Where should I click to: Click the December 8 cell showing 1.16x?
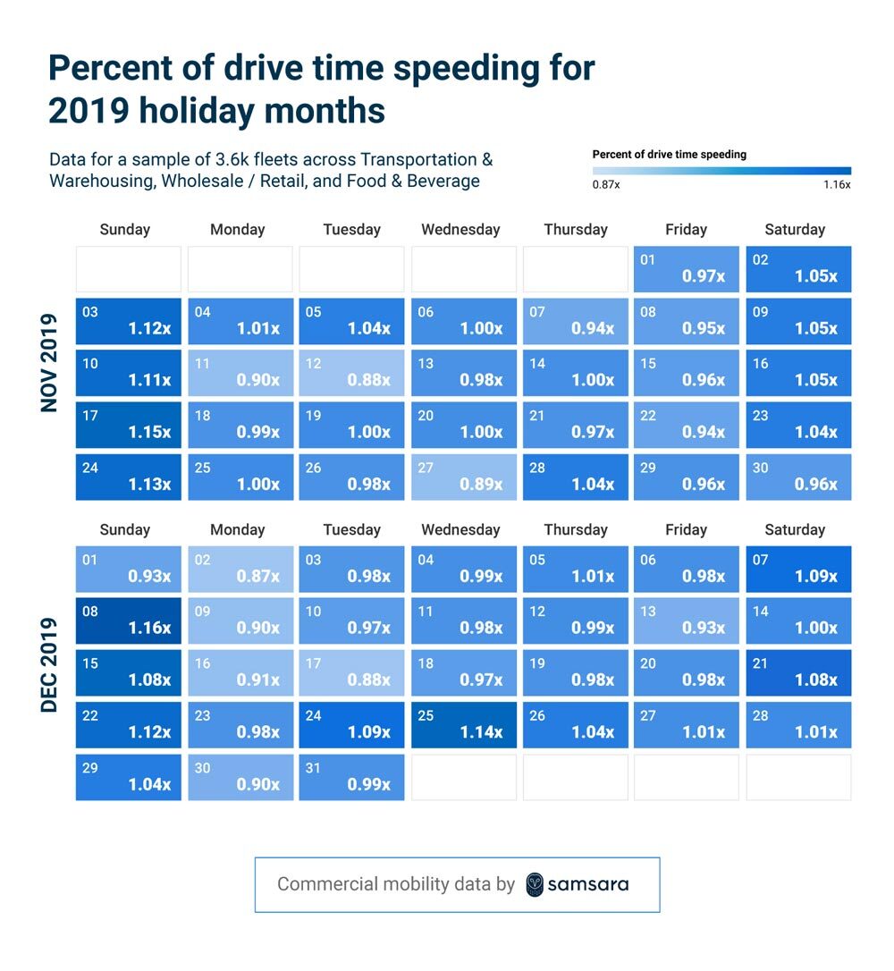tap(128, 621)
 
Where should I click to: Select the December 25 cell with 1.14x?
tap(463, 724)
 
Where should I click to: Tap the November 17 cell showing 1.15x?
tap(128, 425)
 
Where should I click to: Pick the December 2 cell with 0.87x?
tap(240, 569)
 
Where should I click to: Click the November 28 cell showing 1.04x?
tap(575, 477)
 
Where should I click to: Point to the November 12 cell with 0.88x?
tap(351, 373)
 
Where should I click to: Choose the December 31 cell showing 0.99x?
tap(351, 777)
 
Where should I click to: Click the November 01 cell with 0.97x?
tap(687, 268)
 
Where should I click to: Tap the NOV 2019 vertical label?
tap(49, 361)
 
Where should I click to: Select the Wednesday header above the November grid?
tap(460, 230)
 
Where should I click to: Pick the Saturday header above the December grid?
tap(795, 529)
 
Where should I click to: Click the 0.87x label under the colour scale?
tap(606, 185)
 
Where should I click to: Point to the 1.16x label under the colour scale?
tap(837, 185)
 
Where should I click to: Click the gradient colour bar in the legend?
tap(721, 170)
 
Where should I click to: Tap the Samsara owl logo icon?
tap(535, 884)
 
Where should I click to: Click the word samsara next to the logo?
tap(588, 884)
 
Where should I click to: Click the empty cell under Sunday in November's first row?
tap(128, 268)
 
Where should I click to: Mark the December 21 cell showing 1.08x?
tap(798, 672)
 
